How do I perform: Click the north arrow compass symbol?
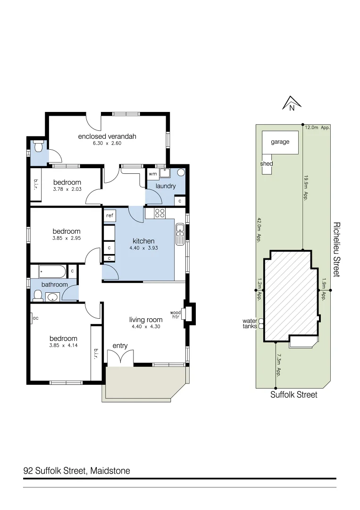coord(291,102)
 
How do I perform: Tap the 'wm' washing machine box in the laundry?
coord(152,174)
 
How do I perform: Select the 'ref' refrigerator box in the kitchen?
coord(109,216)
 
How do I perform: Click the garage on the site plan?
coord(280,142)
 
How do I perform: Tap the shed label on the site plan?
coord(267,164)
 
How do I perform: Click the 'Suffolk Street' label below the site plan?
coord(293,395)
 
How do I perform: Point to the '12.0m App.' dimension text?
coord(317,127)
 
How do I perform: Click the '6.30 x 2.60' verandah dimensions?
coord(107,143)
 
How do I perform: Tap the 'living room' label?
coord(146,320)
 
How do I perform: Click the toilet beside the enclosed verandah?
coord(38,147)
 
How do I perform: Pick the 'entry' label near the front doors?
coord(120,346)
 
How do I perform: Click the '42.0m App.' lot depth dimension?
coord(259,229)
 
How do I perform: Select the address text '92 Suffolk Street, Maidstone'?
coord(76,471)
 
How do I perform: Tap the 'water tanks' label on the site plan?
coord(250,323)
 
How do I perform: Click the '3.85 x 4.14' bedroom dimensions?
coord(64,345)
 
